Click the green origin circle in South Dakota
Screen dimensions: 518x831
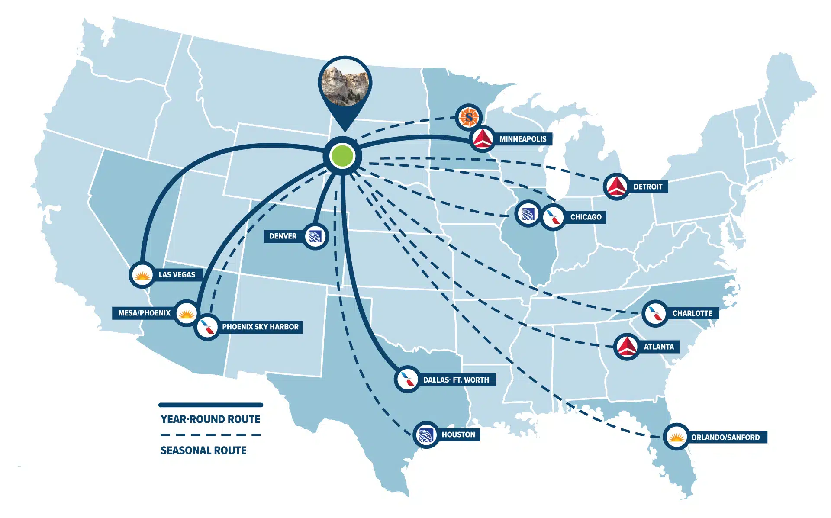click(x=342, y=156)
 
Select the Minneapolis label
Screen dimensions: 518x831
click(x=522, y=139)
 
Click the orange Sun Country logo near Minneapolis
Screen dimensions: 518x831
click(x=469, y=117)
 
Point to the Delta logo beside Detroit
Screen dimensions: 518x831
click(x=616, y=187)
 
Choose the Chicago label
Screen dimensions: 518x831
click(x=586, y=217)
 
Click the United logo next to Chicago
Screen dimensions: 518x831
click(x=528, y=214)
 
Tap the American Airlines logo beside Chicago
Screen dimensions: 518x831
click(x=553, y=217)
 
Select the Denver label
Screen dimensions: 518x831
click(x=283, y=236)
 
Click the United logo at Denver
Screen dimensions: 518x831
click(x=315, y=236)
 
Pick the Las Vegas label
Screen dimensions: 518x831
click(x=177, y=274)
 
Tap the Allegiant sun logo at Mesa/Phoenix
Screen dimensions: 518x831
click(x=187, y=312)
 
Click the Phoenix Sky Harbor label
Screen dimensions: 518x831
click(x=260, y=327)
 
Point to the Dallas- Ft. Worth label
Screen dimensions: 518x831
click(x=456, y=380)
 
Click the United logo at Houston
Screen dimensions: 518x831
click(x=426, y=435)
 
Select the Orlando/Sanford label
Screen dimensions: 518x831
click(x=725, y=437)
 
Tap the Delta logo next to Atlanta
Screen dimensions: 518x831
click(x=626, y=347)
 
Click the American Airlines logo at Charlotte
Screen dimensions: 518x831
click(x=655, y=313)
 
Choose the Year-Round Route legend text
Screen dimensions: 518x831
click(x=210, y=419)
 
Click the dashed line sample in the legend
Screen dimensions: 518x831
click(x=210, y=434)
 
